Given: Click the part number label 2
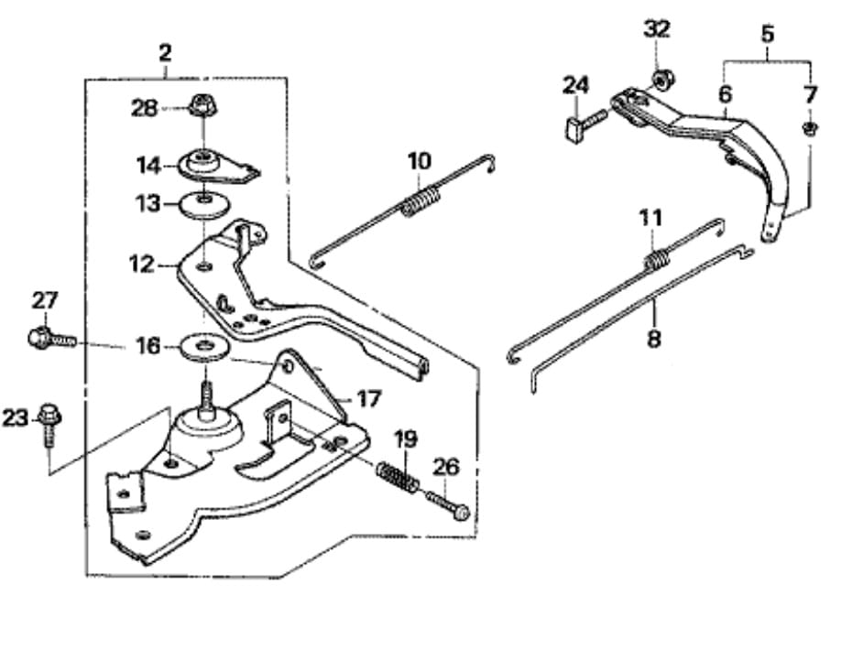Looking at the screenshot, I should (x=164, y=52).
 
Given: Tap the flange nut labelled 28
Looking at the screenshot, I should (x=200, y=106).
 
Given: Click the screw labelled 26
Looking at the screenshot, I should (x=450, y=503).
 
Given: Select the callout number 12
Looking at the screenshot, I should (x=142, y=265).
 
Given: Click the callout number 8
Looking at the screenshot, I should (x=653, y=339).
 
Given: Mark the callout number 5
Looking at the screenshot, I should (x=767, y=35).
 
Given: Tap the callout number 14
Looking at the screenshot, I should (x=148, y=166).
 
